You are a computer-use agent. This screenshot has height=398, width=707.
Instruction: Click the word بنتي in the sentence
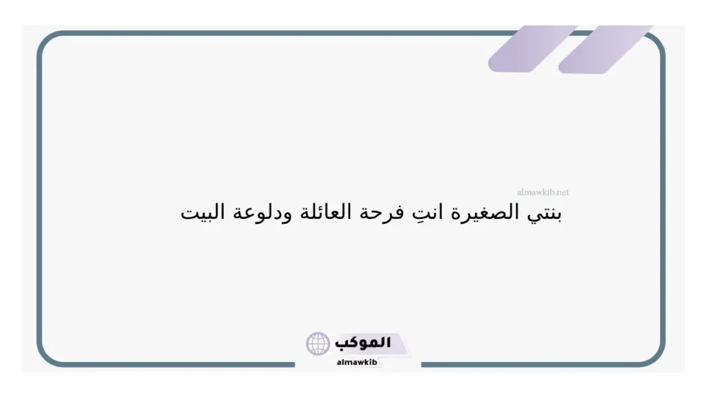547,214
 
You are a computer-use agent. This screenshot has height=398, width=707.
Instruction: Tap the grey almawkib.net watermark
543,193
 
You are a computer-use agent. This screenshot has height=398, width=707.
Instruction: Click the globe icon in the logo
318,343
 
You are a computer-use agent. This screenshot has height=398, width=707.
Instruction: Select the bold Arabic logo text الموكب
362,343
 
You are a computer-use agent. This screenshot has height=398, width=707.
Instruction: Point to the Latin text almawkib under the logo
358,361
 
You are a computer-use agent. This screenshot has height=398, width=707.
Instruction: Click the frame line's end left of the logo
295,364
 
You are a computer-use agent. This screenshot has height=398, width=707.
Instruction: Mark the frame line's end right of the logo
422,364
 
